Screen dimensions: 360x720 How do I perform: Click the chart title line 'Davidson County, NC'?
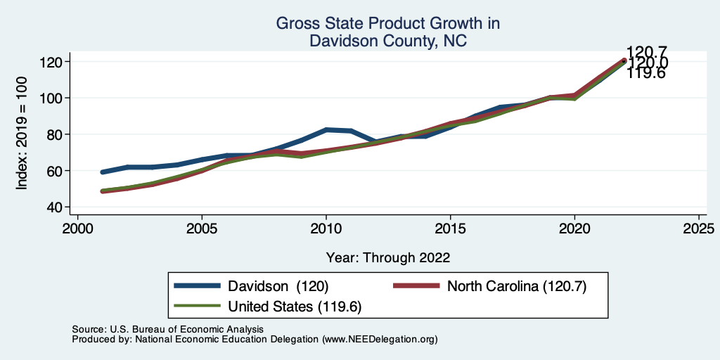click(388, 41)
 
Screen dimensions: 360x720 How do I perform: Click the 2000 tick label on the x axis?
click(77, 229)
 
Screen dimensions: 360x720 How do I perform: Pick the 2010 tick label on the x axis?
click(326, 229)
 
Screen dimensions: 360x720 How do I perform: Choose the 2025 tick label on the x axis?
click(699, 229)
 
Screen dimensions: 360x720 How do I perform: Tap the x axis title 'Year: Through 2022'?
click(388, 257)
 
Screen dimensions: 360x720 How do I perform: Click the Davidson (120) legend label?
click(278, 286)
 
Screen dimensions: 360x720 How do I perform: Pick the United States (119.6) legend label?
click(295, 307)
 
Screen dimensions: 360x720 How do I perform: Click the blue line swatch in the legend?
click(196, 286)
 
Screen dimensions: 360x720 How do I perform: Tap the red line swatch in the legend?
click(415, 286)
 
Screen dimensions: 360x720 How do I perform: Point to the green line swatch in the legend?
click(196, 307)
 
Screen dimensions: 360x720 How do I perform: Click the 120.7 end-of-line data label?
click(647, 51)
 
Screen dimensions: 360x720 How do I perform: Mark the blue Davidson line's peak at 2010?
click(326, 130)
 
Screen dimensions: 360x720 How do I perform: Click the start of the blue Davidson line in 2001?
click(103, 172)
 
